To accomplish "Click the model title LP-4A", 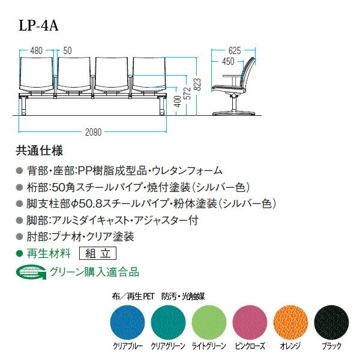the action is pos(38,25).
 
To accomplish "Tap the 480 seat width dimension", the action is pos(36,51).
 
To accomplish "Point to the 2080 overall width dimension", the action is pos(93,132).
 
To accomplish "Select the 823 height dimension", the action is pos(197,85).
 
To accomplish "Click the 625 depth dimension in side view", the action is pos(235,51).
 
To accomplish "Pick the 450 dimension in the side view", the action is pos(228,62).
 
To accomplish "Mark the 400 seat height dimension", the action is pos(178,101).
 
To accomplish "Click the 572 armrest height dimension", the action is pos(188,93).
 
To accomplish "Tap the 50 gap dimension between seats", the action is pos(67,51).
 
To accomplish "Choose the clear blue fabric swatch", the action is pos(128,322).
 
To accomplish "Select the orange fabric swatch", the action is pos(290,322).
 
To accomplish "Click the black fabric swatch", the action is pos(331,322).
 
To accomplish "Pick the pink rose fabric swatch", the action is pos(250,322).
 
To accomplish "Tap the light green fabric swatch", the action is pos(209,322).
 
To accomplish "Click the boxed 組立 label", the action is pos(98,253).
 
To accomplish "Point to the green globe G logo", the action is pos(31,272).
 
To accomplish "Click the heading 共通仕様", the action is pos(39,151).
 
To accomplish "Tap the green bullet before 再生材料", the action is pos(20,253).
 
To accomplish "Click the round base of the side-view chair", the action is pos(234,113).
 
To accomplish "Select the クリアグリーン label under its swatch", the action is pos(168,346).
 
